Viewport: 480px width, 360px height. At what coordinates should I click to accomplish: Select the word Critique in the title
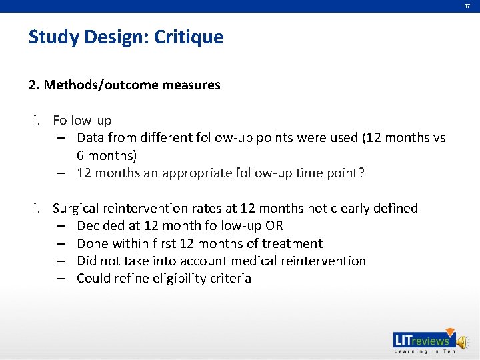189,37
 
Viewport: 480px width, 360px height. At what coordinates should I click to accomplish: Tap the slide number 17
467,6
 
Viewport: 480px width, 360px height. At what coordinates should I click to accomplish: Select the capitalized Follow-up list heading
82,121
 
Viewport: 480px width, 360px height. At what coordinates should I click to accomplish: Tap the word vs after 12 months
438,138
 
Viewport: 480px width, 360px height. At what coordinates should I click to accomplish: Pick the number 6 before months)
81,155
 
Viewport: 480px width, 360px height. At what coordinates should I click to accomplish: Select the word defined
393,209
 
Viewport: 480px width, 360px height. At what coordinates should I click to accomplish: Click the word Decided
101,226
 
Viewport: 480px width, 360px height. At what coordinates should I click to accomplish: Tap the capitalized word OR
274,226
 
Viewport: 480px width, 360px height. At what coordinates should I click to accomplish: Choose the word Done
91,243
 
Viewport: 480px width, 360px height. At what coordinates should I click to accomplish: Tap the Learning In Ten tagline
423,351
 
